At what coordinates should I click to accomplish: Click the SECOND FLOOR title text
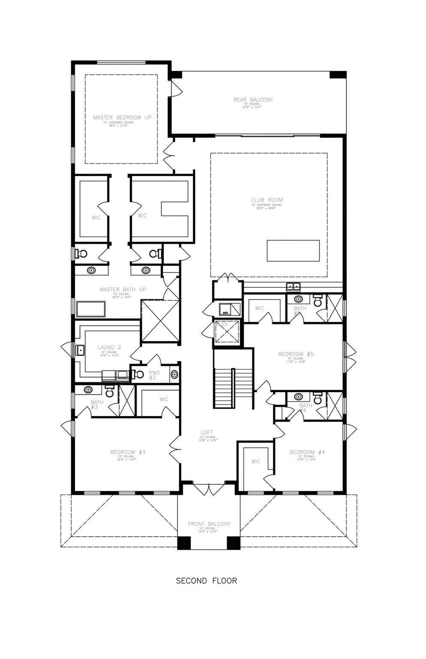click(x=206, y=580)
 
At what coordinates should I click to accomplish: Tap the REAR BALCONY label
click(x=253, y=100)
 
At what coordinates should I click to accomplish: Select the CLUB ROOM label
click(x=267, y=200)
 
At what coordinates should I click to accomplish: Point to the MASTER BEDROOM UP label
click(x=122, y=117)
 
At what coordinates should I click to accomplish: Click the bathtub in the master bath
click(x=91, y=309)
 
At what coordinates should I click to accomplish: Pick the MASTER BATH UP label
click(x=123, y=290)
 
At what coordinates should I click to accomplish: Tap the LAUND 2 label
click(x=106, y=347)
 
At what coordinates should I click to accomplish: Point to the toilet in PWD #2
click(x=138, y=374)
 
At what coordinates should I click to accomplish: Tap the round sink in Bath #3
click(x=88, y=390)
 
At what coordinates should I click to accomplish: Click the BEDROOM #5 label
click(x=296, y=354)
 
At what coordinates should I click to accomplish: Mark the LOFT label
click(x=207, y=432)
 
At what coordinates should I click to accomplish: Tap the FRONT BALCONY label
click(x=209, y=524)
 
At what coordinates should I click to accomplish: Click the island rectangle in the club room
click(x=293, y=251)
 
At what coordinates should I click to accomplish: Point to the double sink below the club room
click(x=293, y=287)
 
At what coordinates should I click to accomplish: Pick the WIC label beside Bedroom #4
click(x=256, y=462)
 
